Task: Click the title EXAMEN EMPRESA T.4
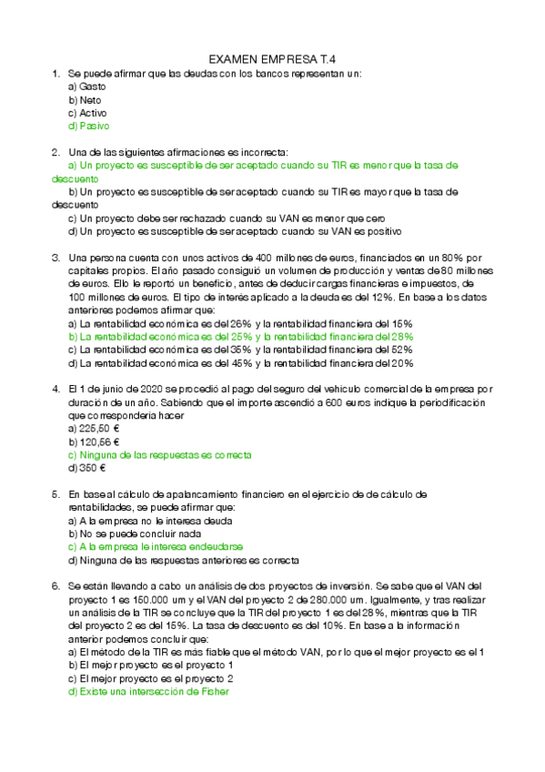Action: pyautogui.click(x=273, y=56)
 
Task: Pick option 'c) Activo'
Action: pyautogui.click(x=88, y=113)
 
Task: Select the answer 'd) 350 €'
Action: pyautogui.click(x=87, y=468)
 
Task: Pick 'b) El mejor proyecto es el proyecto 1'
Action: pyautogui.click(x=151, y=665)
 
